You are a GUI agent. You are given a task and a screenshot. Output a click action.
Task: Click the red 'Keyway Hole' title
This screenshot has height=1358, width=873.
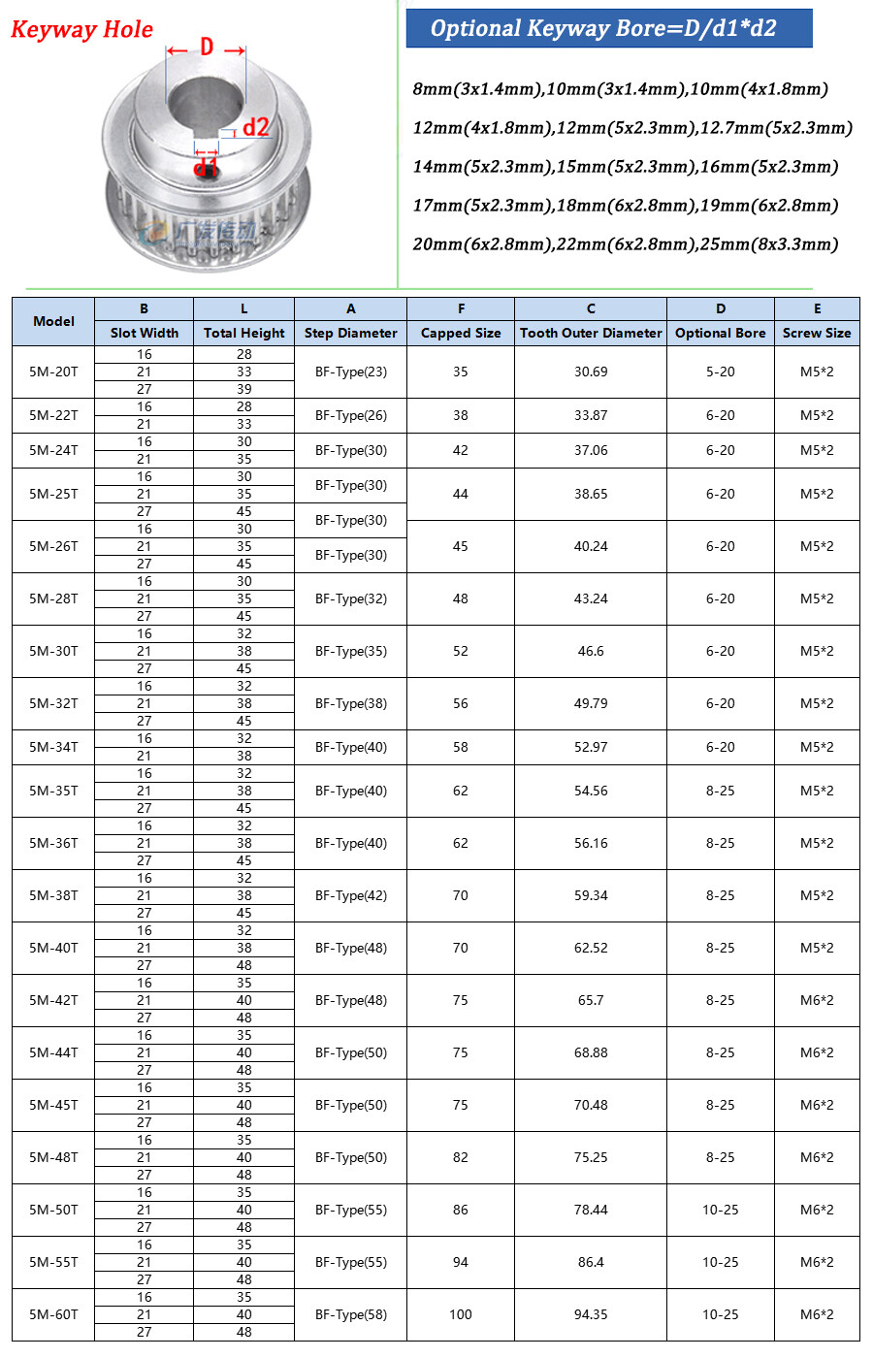[x=81, y=30]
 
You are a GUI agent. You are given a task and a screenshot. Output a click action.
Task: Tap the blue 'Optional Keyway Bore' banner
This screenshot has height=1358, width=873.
[x=608, y=28]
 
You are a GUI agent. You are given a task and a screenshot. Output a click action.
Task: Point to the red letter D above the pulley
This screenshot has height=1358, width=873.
[x=207, y=47]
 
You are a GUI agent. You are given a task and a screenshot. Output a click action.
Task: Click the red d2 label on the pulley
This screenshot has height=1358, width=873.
[x=256, y=127]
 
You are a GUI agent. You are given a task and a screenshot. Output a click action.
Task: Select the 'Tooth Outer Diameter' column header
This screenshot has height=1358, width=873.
[x=591, y=333]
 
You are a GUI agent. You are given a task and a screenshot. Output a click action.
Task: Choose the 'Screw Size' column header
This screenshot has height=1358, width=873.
[x=817, y=333]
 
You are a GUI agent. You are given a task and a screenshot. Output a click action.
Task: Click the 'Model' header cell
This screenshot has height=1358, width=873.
[x=53, y=321]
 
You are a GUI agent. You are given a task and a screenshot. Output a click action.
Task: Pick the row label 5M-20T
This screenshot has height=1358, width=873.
[x=53, y=372]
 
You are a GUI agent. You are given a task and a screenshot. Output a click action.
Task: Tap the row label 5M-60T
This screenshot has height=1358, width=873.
[x=53, y=1314]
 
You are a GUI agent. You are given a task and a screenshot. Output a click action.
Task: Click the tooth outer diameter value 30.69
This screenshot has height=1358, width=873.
[x=591, y=372]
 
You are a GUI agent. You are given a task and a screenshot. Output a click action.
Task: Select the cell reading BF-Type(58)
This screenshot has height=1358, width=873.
[x=350, y=1314]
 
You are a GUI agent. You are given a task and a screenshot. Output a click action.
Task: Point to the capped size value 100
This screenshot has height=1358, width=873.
[x=461, y=1314]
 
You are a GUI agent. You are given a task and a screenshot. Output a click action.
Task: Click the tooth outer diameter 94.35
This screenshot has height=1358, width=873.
[x=591, y=1314]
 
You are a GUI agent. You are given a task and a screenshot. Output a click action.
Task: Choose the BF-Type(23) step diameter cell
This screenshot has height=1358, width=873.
[x=350, y=372]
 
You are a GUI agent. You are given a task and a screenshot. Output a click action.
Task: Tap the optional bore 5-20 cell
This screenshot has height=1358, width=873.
[x=720, y=372]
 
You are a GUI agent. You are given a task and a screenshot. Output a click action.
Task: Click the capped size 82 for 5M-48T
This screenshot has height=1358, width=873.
[x=461, y=1157]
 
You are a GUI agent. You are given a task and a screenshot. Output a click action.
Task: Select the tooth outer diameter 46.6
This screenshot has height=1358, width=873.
[x=591, y=651]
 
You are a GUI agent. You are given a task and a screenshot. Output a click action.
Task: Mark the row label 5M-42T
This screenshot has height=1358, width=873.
[x=53, y=1000]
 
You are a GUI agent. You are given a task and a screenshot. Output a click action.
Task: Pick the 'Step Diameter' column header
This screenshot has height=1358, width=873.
[x=350, y=333]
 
